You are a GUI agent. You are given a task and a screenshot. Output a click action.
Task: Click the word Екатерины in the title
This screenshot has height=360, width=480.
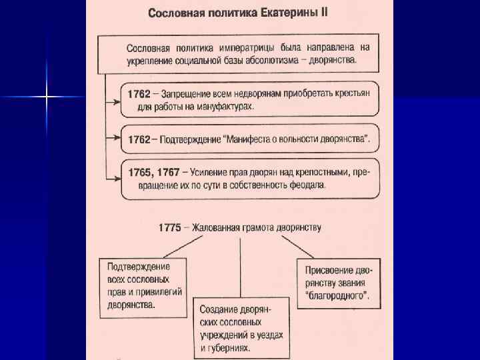click(285, 13)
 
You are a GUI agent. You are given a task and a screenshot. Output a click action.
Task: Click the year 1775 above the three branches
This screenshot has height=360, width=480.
click(170, 227)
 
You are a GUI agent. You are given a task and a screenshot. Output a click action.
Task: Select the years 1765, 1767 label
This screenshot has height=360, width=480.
click(153, 173)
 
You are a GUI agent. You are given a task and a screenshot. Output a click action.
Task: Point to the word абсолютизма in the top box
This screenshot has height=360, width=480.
click(263, 59)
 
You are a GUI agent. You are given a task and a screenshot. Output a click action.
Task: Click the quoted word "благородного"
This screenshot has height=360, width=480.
click(338, 295)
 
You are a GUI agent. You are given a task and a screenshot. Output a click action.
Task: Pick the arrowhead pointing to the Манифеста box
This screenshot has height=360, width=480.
click(116, 139)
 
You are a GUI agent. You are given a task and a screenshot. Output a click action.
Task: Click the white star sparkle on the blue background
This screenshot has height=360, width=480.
click(46, 97)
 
